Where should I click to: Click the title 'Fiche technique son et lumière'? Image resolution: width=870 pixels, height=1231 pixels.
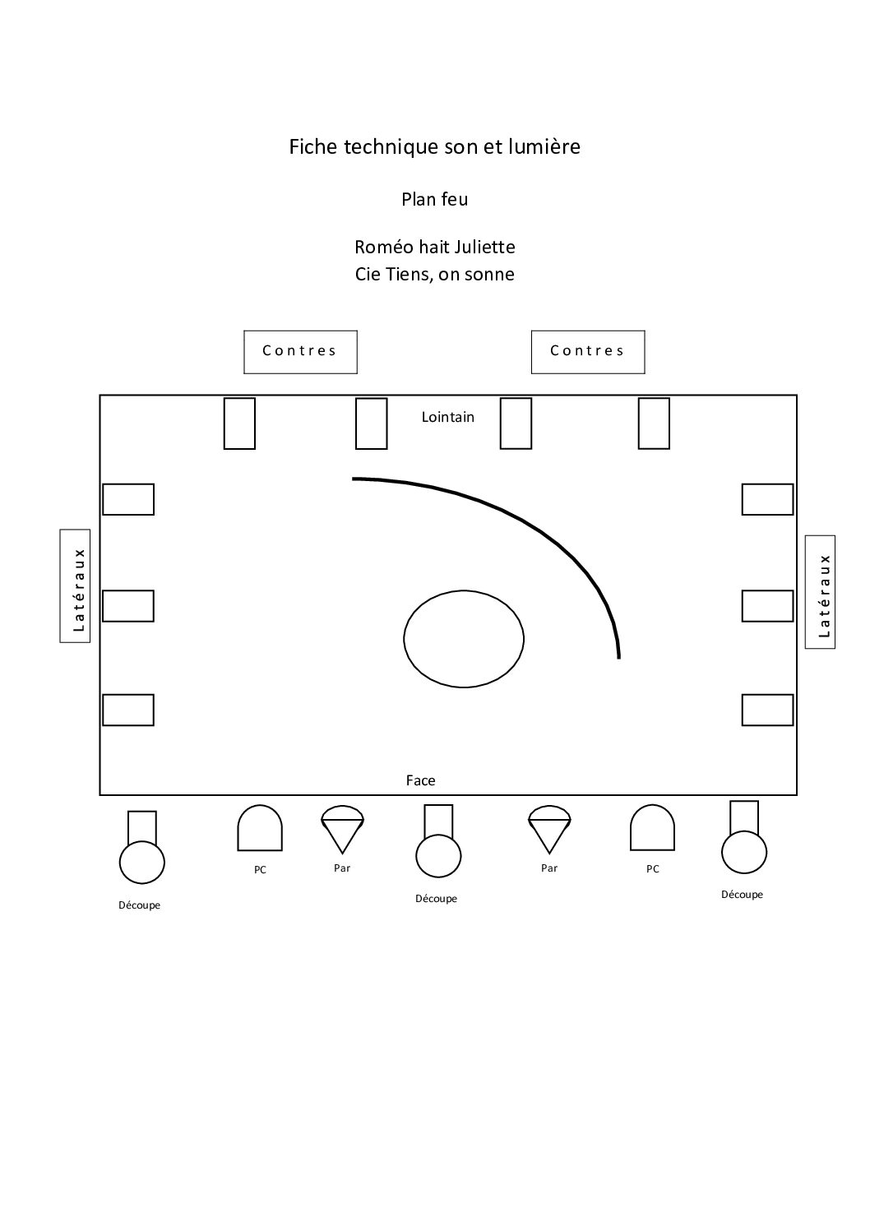[x=434, y=146]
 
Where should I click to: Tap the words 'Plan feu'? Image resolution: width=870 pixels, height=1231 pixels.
[x=434, y=199]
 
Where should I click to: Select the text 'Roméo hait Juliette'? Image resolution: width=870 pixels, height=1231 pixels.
[x=434, y=247]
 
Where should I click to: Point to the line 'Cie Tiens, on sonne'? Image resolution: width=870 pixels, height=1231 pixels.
[x=434, y=274]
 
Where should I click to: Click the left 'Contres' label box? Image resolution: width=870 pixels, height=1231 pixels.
[x=300, y=352]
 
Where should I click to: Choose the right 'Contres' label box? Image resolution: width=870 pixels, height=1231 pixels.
[x=587, y=352]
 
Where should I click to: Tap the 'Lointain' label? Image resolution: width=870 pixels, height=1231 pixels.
[x=447, y=417]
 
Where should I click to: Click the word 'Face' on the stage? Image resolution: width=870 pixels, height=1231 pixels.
[x=420, y=780]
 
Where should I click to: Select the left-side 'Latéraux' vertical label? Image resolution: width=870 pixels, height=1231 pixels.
[x=75, y=585]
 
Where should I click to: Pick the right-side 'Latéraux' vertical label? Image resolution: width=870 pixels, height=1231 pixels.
[x=820, y=592]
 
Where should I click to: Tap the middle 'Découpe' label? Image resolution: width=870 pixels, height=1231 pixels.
[x=436, y=899]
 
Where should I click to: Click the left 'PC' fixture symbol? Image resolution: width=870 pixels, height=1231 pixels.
[x=259, y=827]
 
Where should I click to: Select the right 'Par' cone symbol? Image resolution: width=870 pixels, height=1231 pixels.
[x=549, y=829]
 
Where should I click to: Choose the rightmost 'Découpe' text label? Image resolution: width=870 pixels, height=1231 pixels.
[x=742, y=894]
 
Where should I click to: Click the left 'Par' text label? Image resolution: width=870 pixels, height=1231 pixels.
[x=342, y=868]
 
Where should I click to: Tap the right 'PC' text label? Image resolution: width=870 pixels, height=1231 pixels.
[x=652, y=869]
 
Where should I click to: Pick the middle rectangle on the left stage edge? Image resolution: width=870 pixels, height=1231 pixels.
[x=128, y=606]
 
